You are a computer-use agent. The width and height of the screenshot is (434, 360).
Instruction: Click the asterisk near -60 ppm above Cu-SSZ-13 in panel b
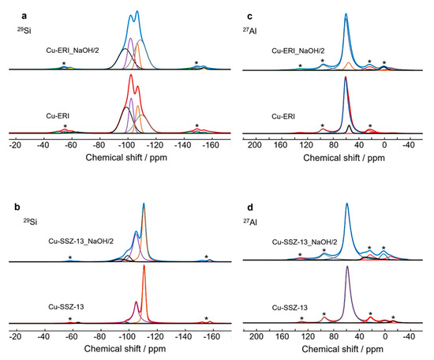71,319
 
